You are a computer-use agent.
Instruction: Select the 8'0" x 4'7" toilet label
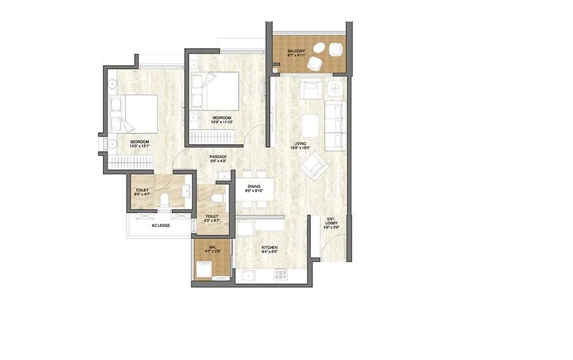(142, 192)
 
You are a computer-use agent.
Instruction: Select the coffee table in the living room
(310, 125)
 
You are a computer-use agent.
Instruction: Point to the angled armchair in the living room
(314, 166)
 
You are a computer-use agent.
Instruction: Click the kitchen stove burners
(279, 275)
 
